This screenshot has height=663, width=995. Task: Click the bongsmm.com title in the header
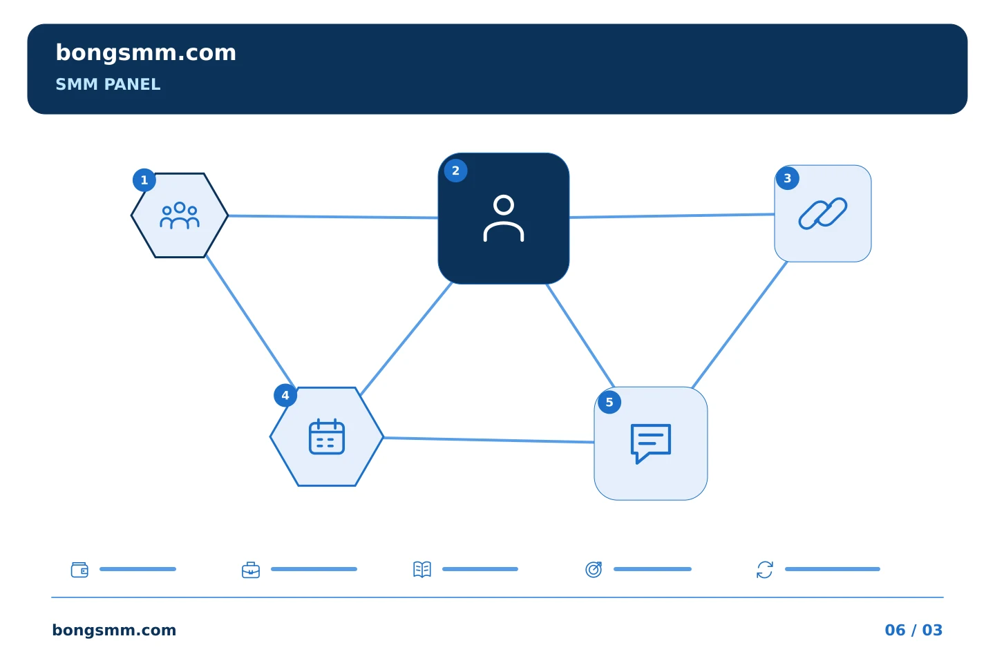coord(146,53)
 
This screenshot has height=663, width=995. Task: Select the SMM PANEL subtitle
coord(108,84)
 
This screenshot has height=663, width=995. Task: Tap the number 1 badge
coord(144,180)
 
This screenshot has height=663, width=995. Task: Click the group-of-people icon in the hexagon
coord(180,215)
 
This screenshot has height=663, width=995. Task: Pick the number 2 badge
coord(455,171)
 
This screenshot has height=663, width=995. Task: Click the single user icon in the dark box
coord(503,218)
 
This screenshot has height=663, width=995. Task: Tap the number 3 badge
coord(787,178)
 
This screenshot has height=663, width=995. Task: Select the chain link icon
coord(823,213)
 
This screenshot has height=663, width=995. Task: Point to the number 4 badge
coord(285,395)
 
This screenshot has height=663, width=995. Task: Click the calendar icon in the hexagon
coord(326,436)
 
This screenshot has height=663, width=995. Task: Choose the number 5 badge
coord(609,403)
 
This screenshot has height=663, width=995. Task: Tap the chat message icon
coord(651,443)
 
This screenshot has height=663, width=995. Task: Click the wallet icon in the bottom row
coord(79,570)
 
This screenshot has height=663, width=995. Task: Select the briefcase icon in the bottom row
coord(251,570)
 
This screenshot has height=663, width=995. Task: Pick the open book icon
coord(422,569)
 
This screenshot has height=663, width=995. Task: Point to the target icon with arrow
coord(594,569)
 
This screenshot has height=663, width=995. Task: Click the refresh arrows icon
coord(764,570)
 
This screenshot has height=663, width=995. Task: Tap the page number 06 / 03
coord(913,630)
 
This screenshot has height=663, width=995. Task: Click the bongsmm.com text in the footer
coord(114,630)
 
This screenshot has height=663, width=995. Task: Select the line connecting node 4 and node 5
coord(489,440)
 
